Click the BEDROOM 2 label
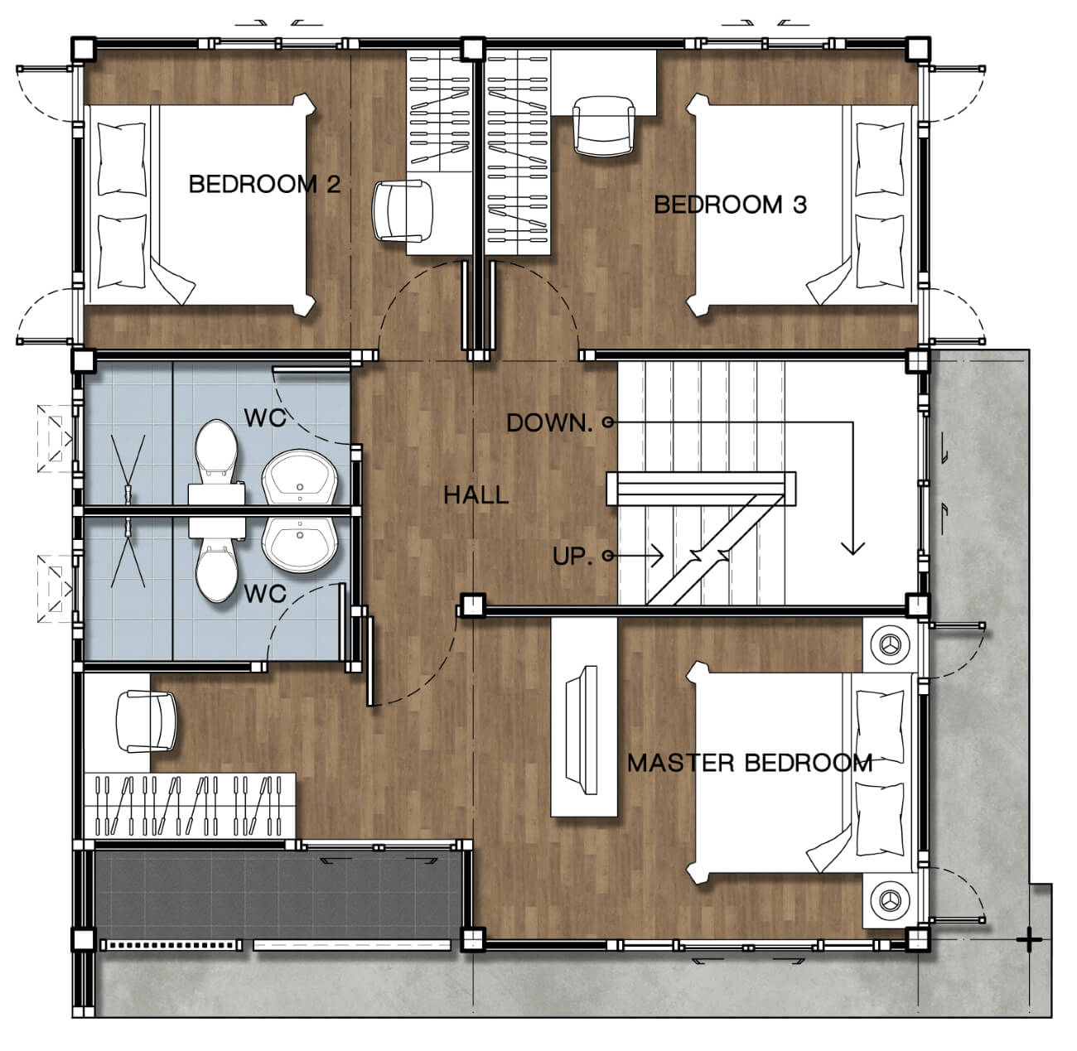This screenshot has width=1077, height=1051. pos(264,184)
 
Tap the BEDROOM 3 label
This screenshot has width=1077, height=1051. pos(730,205)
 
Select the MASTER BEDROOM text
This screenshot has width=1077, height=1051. pos(750,763)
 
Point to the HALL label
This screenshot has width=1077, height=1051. pos(476,495)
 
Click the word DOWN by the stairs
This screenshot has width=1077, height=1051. pos(549,423)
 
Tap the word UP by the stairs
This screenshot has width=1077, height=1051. pos(572,556)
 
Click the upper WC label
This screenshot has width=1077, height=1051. pos(265,418)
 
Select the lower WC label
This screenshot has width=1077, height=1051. pos(265,594)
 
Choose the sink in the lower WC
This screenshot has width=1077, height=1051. pos(299,546)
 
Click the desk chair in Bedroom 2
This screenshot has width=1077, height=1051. pos(403,211)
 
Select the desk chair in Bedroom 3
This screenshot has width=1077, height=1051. pos(603,126)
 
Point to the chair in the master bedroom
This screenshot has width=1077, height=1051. pos(146,721)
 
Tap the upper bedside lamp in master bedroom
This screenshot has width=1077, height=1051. pos(890,645)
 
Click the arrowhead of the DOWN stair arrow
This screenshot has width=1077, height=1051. pos(852,547)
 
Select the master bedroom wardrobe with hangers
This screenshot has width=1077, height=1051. pos(189,806)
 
